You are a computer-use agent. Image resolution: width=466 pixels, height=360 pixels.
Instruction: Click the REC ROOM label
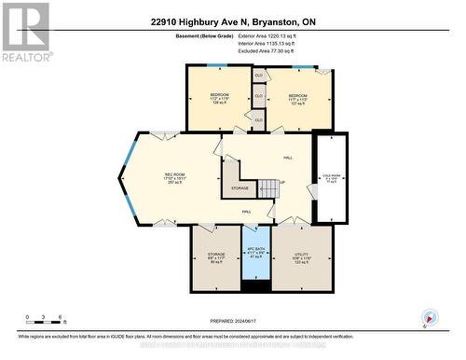point(173,177)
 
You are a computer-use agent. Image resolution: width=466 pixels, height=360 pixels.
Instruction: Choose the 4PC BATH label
point(255,252)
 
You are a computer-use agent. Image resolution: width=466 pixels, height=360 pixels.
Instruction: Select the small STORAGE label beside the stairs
point(240,188)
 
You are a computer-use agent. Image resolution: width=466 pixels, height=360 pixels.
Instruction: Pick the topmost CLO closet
point(258,74)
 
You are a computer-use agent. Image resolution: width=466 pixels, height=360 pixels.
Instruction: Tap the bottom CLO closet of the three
point(258,119)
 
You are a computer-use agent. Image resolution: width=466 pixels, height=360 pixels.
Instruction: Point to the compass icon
point(429,319)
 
